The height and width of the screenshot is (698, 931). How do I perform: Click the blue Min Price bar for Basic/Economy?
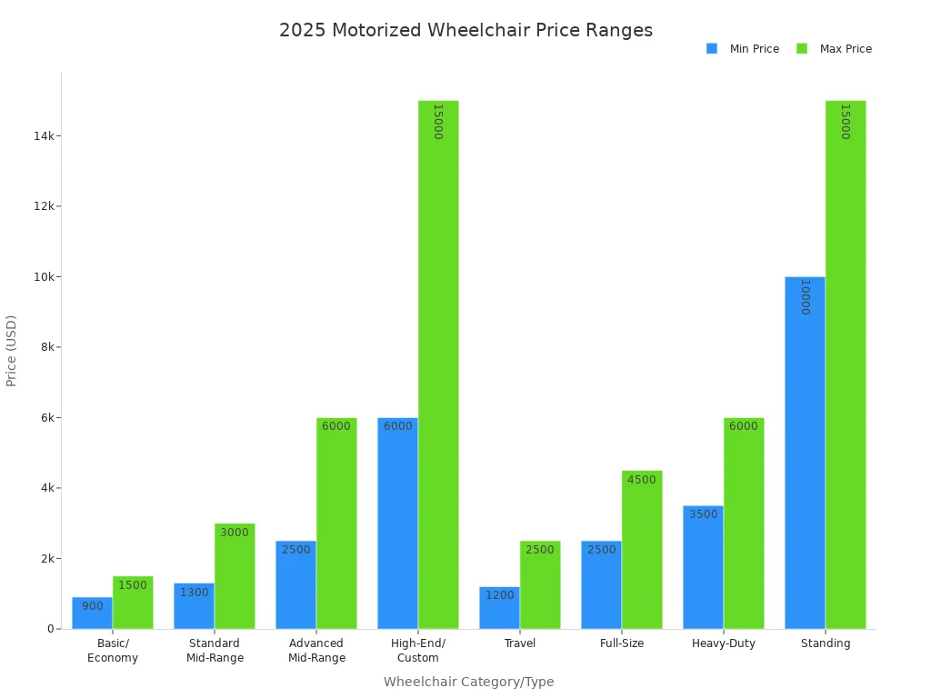92,613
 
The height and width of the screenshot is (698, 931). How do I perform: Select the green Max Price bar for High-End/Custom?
438,364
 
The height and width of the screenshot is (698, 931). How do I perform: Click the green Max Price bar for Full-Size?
642,550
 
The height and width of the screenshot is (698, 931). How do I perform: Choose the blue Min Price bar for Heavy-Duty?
703,567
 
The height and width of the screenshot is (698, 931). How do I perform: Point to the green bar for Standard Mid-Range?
235,576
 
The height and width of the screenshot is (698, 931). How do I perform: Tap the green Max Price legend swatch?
802,49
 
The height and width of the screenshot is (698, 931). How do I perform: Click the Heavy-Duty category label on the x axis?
724,643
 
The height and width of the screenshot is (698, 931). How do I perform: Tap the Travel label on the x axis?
520,643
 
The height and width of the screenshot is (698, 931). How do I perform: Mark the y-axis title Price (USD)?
12,351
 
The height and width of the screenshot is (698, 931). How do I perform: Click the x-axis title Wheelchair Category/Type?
468,682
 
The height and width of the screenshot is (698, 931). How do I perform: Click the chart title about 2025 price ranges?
465,30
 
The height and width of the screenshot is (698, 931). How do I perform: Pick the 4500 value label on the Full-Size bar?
641,480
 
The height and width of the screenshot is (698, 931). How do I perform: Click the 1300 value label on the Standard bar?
194,593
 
